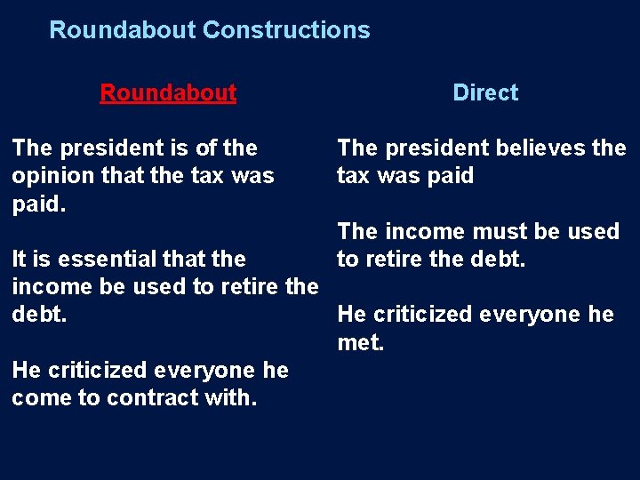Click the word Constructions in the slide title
pos(286,30)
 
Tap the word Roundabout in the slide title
pos(122,30)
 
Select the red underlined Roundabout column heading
pos(168,92)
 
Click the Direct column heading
pos(485,92)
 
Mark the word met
pos(360,342)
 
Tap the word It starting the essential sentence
pos(20,260)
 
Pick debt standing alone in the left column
pos(38,315)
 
